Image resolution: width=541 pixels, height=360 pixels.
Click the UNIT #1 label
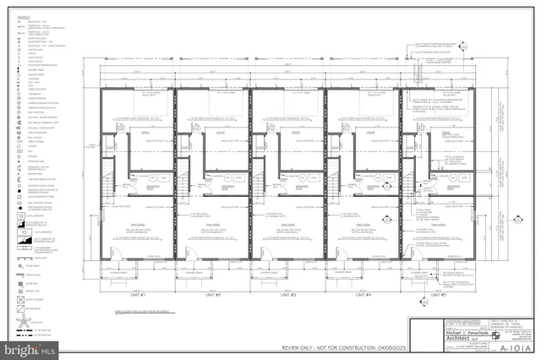click(137, 295)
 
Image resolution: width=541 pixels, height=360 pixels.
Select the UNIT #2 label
click(212, 295)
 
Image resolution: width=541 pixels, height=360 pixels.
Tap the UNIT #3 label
click(287, 295)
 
